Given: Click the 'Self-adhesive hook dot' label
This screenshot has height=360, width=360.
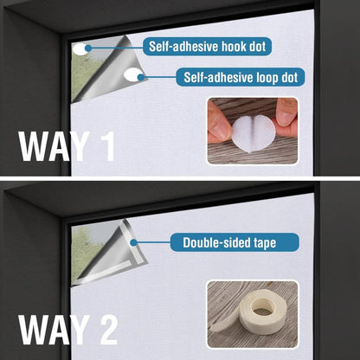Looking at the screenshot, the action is (x=207, y=46).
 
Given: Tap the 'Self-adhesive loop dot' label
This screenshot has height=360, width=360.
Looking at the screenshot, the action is (x=241, y=77).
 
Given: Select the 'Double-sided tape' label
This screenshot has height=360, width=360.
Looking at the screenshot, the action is (x=235, y=242).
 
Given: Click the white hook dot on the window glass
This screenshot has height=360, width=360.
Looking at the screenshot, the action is (x=80, y=49).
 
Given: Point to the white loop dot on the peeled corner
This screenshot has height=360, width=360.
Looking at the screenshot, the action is (x=132, y=74).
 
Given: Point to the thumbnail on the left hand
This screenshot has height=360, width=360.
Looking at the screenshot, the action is (x=221, y=131).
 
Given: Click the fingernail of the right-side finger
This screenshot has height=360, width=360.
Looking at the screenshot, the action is (x=286, y=118).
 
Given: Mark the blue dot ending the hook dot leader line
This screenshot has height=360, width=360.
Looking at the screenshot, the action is (x=88, y=48).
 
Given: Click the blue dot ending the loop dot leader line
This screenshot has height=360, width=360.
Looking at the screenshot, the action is (x=141, y=77).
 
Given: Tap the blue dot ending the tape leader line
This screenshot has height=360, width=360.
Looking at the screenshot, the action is (x=133, y=242).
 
